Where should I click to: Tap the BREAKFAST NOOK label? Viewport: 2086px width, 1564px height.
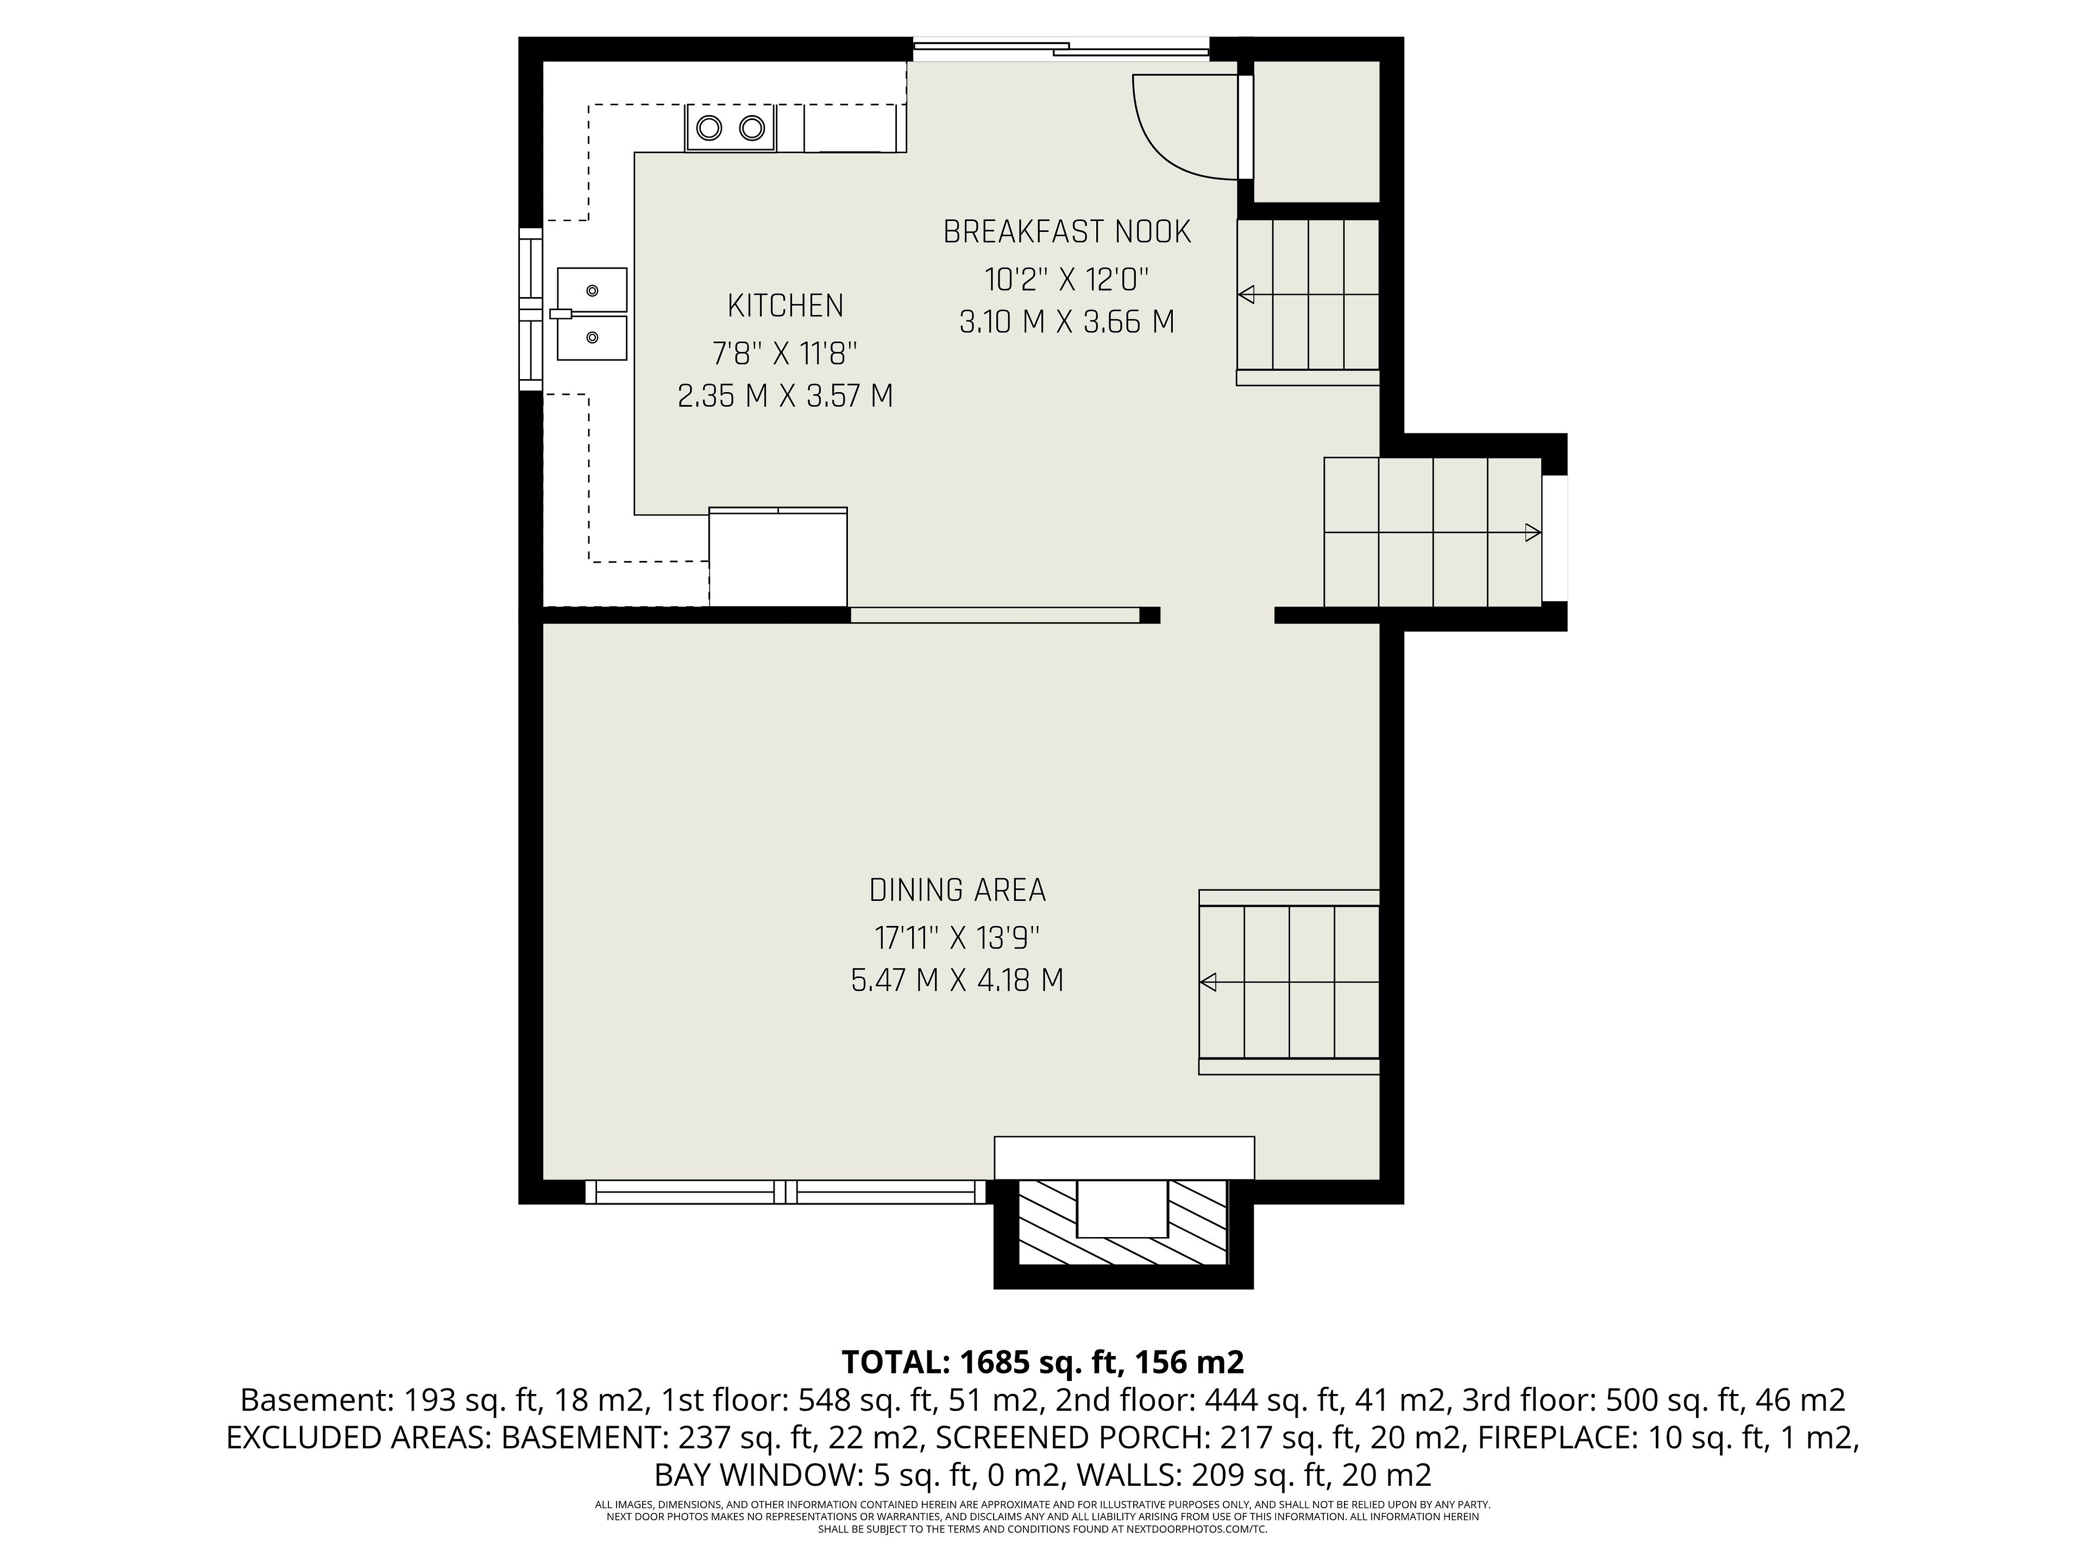(x=1067, y=232)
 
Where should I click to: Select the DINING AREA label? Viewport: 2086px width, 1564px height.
(x=957, y=890)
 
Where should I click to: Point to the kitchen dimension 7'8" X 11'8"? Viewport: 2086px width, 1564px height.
(x=786, y=354)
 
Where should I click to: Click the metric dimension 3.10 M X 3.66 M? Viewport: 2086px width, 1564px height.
(x=1067, y=323)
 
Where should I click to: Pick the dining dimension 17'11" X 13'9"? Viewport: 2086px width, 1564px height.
(x=957, y=938)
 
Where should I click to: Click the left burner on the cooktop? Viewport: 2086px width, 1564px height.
(x=709, y=127)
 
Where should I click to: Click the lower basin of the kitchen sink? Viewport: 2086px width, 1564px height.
(x=592, y=337)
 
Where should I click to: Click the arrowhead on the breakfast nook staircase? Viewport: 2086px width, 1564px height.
(x=1246, y=295)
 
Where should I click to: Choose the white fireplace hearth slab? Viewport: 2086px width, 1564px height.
(x=1124, y=1158)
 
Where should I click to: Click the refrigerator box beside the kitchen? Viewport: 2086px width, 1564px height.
(x=778, y=556)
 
